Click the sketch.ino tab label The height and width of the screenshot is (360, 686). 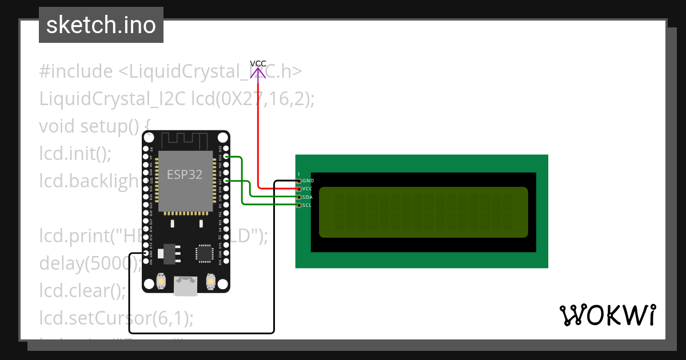click(x=101, y=25)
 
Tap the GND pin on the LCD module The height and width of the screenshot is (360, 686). click(x=298, y=181)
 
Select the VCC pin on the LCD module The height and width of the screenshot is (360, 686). click(x=298, y=189)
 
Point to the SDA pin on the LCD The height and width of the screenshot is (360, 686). click(x=298, y=197)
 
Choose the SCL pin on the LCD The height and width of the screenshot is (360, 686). click(x=298, y=205)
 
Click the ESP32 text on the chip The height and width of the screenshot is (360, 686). click(x=184, y=175)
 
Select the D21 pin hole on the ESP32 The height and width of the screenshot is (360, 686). click(x=226, y=181)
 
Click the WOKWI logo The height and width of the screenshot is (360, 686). click(x=607, y=315)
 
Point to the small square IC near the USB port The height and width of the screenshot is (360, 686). click(x=204, y=253)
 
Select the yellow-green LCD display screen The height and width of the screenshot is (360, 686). click(x=423, y=211)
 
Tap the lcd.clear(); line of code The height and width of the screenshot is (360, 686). click(x=82, y=291)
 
